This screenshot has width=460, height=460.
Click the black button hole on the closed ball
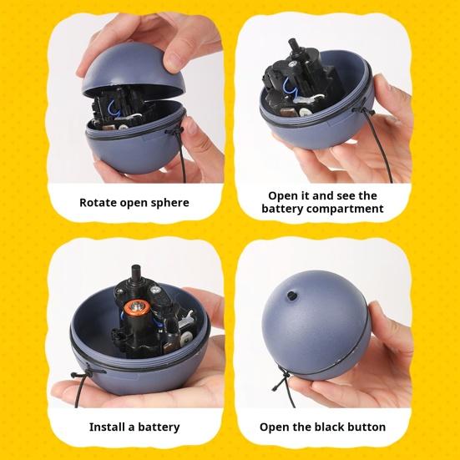coord(291,296)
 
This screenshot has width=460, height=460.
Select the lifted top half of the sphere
coord(130,70)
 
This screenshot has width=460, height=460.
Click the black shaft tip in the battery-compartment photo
coord(292,44)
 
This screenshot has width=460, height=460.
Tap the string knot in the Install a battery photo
coord(85,372)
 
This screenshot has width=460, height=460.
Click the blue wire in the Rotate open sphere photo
coord(113,110)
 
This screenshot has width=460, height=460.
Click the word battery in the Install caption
coord(159,427)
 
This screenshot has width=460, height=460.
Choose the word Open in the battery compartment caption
coord(281,196)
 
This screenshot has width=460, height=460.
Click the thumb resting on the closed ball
coord(379,318)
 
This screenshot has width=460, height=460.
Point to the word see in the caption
coord(345,196)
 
